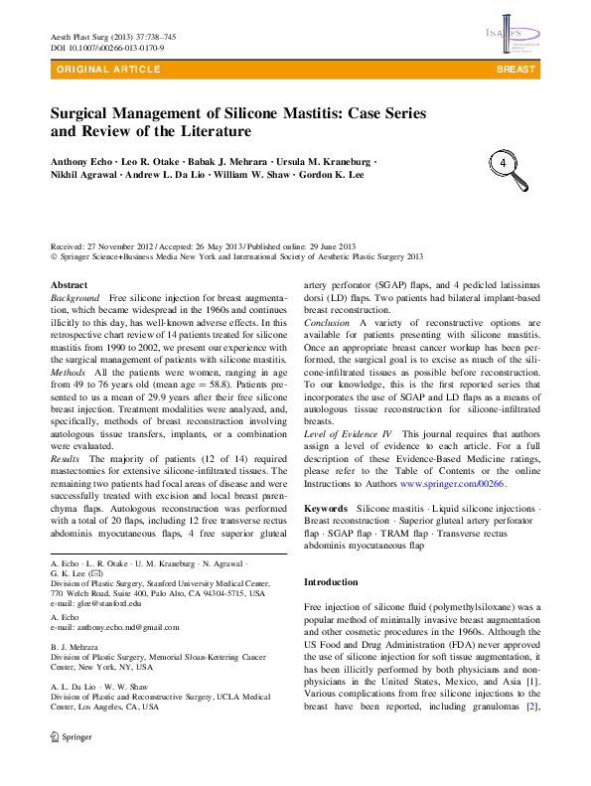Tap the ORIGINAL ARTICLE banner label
click(109, 70)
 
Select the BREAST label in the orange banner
click(516, 70)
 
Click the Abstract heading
click(69, 284)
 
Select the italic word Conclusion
click(327, 323)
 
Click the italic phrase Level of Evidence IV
click(348, 432)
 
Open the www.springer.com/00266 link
click(452, 483)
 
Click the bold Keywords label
click(325, 508)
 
